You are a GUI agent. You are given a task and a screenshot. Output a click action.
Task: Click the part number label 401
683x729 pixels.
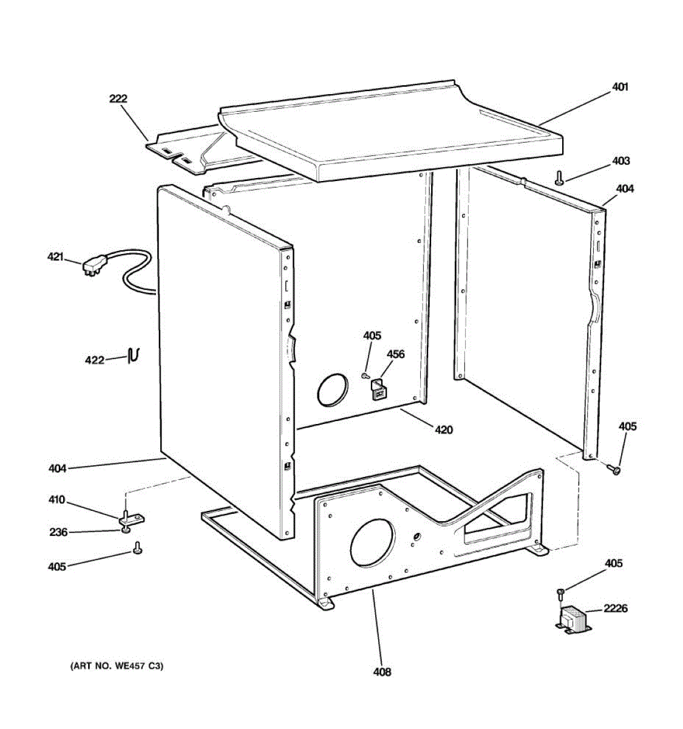coord(619,87)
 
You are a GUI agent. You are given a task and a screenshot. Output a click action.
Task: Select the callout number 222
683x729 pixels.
coord(118,98)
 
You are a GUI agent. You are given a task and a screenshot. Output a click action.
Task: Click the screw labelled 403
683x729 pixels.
coord(559,178)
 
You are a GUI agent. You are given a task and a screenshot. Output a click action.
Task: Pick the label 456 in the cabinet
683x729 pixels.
coord(396,354)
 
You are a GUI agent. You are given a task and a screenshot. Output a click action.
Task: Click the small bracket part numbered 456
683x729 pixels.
coord(379,389)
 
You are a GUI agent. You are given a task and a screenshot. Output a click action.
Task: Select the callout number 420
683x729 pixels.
coord(443,430)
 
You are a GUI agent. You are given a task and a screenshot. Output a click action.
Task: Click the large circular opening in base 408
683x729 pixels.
coord(372,544)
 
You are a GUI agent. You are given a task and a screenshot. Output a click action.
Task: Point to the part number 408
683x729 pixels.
coord(382,671)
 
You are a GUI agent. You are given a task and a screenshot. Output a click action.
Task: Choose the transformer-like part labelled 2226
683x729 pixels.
coord(573,621)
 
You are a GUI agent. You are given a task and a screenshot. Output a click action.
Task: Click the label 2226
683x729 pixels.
coord(615,608)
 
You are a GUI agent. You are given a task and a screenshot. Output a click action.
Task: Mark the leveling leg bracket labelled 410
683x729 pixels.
coord(132,518)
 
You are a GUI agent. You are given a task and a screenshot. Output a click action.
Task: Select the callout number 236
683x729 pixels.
coord(58,532)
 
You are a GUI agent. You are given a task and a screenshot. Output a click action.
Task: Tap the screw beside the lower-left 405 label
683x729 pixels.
coord(137,550)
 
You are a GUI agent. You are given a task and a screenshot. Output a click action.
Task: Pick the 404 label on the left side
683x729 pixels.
coord(58,468)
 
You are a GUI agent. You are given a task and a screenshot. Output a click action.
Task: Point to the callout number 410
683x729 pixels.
coord(56,500)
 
